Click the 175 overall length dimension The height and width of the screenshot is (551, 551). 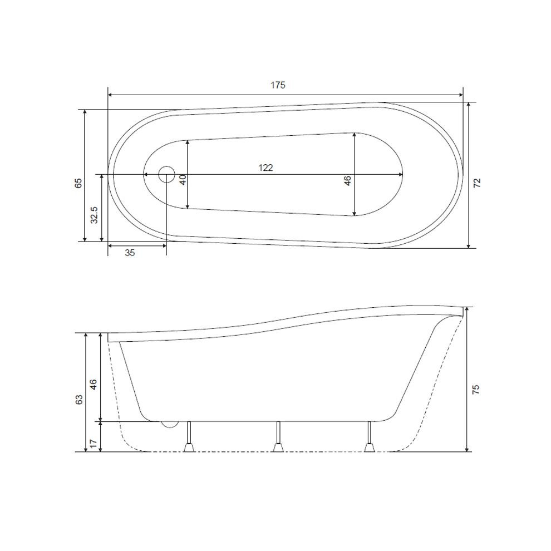click(x=278, y=85)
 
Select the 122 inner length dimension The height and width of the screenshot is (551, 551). click(x=265, y=168)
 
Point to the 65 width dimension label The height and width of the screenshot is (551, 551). click(x=78, y=182)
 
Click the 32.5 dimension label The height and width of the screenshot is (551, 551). click(x=95, y=215)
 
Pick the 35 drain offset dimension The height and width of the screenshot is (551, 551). click(x=130, y=253)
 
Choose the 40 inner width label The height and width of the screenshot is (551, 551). click(x=182, y=179)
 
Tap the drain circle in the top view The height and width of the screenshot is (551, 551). click(x=166, y=174)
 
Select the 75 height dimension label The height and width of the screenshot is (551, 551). click(x=475, y=389)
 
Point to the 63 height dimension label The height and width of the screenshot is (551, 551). click(x=79, y=399)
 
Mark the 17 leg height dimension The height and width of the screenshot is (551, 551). click(x=94, y=443)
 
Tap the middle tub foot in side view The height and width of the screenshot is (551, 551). click(x=278, y=446)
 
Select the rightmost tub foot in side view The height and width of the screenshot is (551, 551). click(x=368, y=446)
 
